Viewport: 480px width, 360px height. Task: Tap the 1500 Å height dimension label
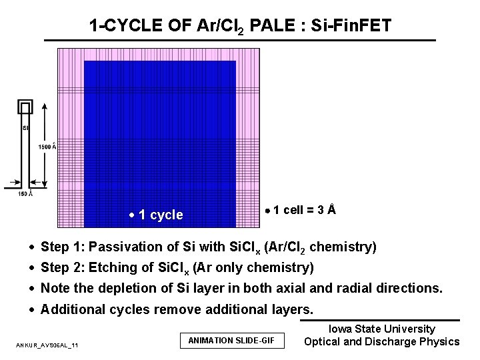point(47,147)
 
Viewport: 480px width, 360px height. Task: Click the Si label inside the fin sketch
point(25,128)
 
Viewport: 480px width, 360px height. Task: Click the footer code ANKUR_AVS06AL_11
point(47,345)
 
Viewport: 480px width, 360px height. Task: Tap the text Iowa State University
point(382,329)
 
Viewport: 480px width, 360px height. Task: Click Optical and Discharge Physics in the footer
point(382,342)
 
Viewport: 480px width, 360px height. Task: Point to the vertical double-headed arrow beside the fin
point(45,147)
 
